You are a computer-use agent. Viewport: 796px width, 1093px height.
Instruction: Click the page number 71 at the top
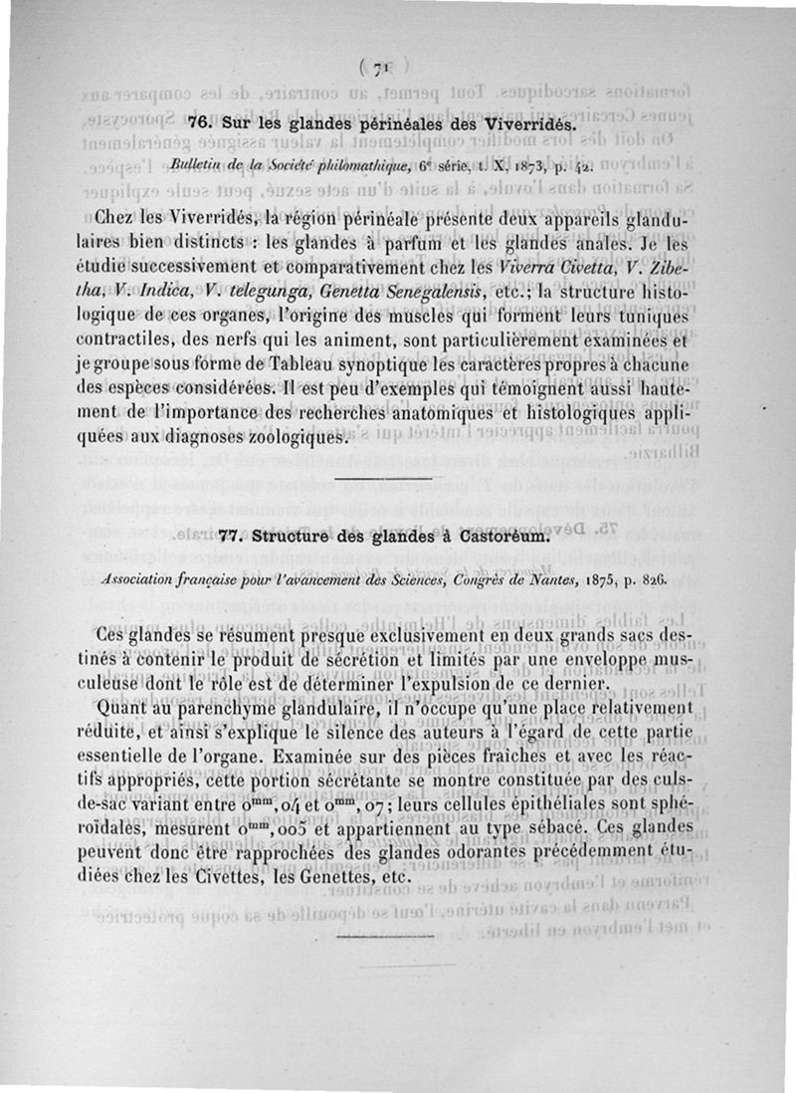[377, 69]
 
